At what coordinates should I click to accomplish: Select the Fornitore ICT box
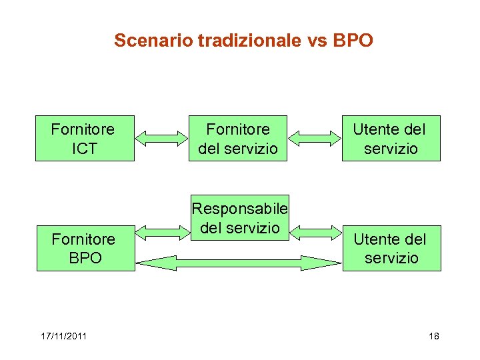pos(85,138)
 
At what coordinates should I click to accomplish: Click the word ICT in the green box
pos(84,149)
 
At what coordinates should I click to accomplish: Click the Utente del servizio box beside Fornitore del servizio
pos(391,138)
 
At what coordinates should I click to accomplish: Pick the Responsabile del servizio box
pos(239,218)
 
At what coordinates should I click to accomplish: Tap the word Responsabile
pos(239,209)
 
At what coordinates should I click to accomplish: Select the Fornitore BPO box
pos(85,248)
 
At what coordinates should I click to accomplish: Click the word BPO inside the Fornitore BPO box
pos(85,258)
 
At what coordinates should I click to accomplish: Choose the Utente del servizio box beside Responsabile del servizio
pos(391,248)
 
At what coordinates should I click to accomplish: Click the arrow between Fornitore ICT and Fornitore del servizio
pos(162,138)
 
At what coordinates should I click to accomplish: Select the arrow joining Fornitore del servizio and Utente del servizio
pos(315,138)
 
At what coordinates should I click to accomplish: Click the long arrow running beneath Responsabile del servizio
pos(239,263)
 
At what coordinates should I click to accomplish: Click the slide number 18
pos(434,336)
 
